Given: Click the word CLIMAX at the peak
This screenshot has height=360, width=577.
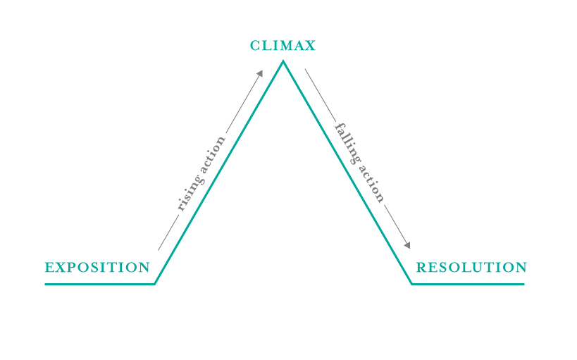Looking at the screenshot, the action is point(283,46).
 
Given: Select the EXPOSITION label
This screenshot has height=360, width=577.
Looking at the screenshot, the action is point(97,267).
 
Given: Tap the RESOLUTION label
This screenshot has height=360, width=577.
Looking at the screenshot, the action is point(471,267).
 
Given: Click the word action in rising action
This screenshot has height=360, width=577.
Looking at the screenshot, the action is point(214,153).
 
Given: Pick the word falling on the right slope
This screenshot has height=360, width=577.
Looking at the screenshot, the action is point(347,144).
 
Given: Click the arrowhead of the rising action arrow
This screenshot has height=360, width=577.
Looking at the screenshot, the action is point(260,73).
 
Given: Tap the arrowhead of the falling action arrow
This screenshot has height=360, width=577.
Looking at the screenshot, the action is point(407,245).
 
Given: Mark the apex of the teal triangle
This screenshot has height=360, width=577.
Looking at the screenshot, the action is point(283,61).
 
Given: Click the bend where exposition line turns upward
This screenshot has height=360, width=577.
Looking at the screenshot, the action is point(154,284).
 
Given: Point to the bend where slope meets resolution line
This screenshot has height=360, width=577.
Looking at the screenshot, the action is point(411,284).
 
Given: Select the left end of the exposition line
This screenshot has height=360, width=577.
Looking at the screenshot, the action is point(45,284).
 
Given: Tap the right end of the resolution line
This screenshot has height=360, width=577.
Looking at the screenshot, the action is point(524,284).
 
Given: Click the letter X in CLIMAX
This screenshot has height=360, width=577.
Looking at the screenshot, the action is point(310,46).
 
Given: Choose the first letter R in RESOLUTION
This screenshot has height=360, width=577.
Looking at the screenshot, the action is point(421,267).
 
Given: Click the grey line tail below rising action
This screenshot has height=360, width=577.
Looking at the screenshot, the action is point(168,233).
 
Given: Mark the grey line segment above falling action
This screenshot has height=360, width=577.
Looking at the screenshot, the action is point(320,95).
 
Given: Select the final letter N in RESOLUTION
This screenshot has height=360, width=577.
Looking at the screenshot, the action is point(521,267).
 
